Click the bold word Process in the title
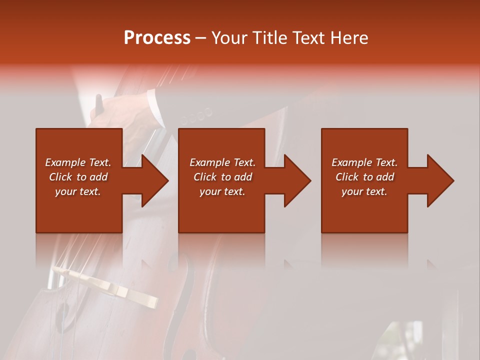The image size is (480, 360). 157,38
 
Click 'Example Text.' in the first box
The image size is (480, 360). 78,162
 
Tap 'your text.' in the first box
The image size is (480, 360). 78,191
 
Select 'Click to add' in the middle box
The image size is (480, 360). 222,177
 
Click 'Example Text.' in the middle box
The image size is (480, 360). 222,162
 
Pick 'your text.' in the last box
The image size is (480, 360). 364,191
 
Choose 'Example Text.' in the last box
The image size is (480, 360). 364,162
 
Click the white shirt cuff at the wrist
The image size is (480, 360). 155,107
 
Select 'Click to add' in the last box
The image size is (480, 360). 364,177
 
